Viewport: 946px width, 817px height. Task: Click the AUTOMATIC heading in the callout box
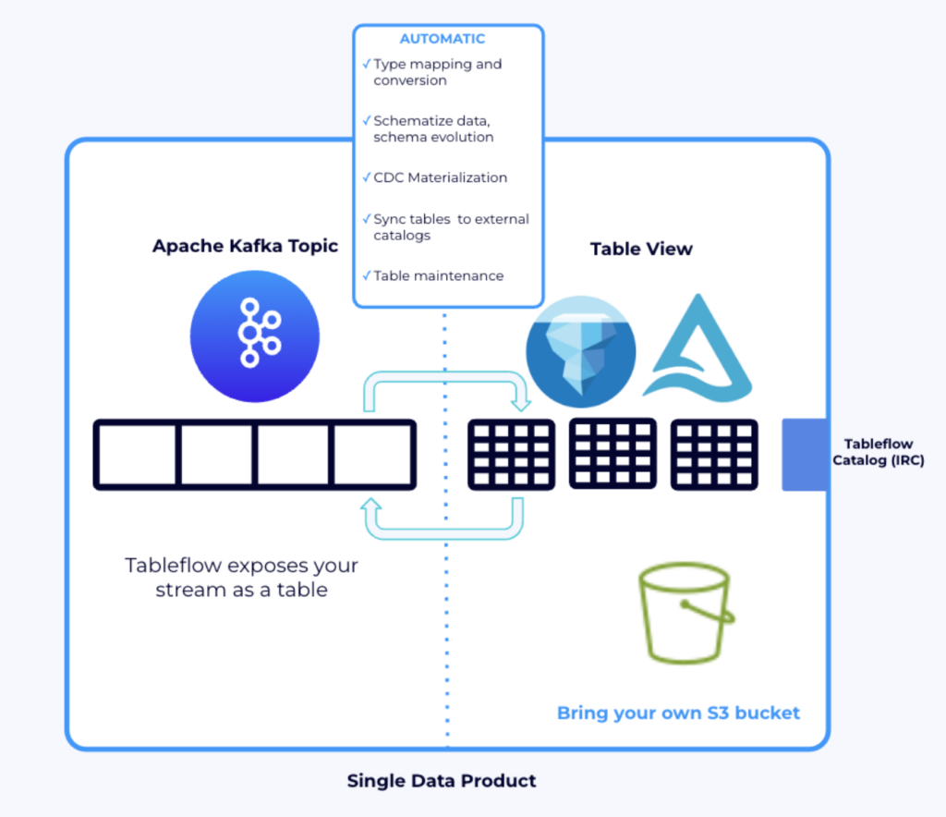[442, 39]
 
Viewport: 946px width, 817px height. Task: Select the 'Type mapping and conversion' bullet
[438, 72]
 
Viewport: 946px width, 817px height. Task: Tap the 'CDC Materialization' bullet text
[440, 177]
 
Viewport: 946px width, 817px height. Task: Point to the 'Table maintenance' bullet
[438, 275]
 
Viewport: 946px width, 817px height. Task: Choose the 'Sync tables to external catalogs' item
[451, 227]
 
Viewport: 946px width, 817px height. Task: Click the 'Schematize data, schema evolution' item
[433, 128]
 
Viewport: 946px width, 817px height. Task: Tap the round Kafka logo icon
[255, 335]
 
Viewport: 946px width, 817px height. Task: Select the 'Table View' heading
[641, 249]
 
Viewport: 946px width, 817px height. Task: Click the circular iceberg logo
[581, 352]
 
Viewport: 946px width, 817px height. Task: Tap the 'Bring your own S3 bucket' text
[678, 713]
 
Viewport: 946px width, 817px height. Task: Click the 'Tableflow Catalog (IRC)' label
[878, 452]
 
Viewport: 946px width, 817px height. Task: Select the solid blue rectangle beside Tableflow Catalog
[805, 454]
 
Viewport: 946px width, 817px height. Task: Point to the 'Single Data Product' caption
[442, 781]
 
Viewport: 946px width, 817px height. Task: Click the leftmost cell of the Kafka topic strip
[136, 454]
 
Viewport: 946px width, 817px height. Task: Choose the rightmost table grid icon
[714, 454]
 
